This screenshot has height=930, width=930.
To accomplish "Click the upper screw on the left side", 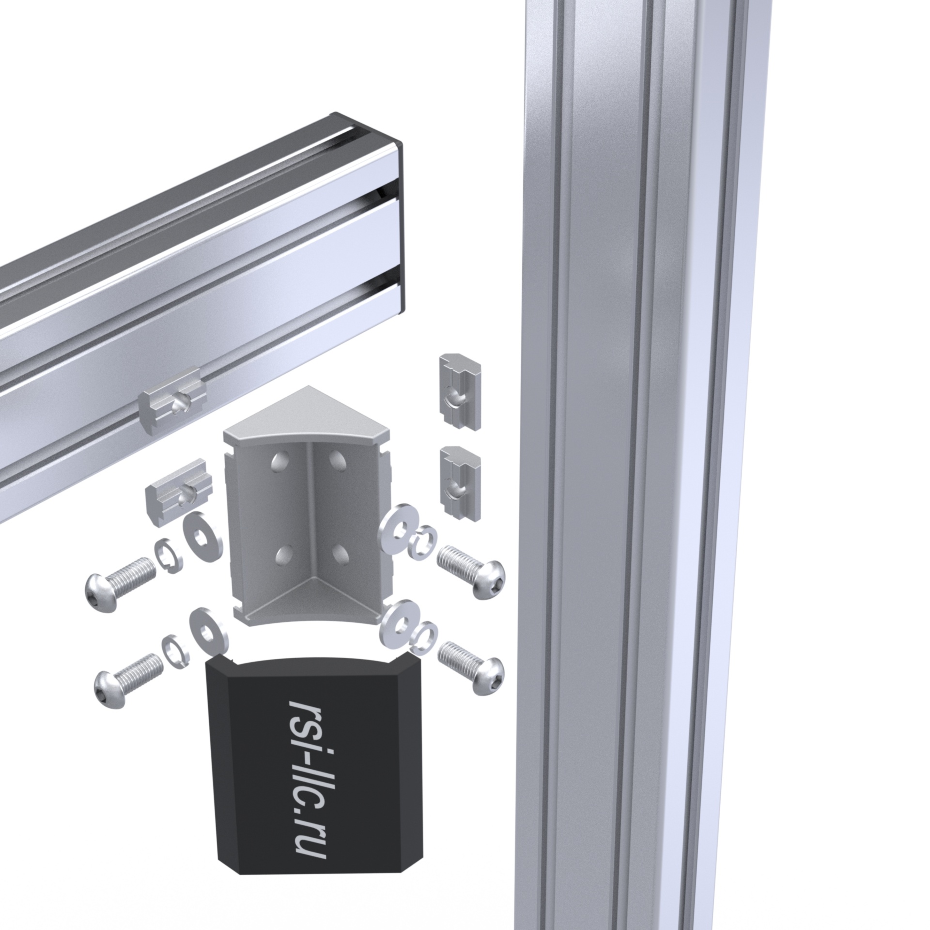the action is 121,583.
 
